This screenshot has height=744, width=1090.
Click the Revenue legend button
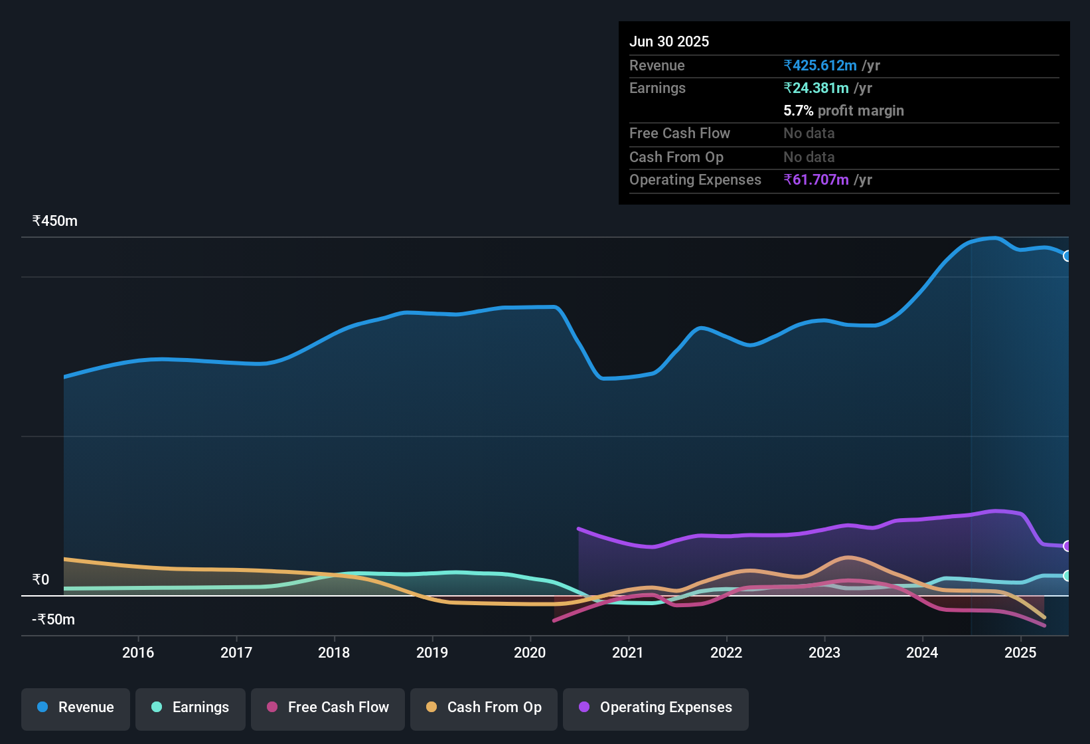pyautogui.click(x=76, y=707)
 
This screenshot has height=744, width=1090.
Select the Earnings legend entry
pyautogui.click(x=191, y=707)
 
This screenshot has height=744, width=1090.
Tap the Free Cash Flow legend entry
pyautogui.click(x=328, y=707)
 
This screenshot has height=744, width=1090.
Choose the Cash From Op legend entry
pyautogui.click(x=484, y=707)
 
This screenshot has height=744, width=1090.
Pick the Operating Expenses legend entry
pyautogui.click(x=656, y=707)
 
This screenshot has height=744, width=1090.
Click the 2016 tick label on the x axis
pyautogui.click(x=138, y=652)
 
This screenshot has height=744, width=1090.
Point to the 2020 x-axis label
pyautogui.click(x=530, y=652)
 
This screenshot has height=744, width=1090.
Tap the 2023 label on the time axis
pyautogui.click(x=824, y=652)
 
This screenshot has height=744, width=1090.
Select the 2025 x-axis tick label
pyautogui.click(x=1020, y=652)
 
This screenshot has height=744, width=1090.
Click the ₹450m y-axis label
pyautogui.click(x=55, y=221)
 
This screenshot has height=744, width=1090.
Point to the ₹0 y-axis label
pyautogui.click(x=41, y=580)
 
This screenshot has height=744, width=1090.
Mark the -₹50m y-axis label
pyautogui.click(x=54, y=620)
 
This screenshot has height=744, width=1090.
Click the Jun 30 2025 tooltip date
pyautogui.click(x=669, y=42)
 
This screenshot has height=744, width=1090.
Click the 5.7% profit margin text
pyautogui.click(x=844, y=111)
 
